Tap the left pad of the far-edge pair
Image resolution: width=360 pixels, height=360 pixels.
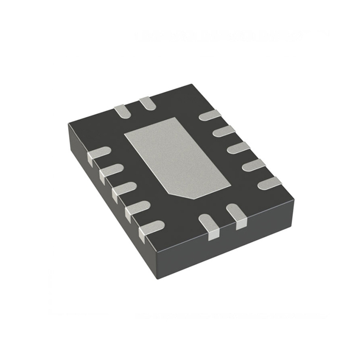coord(121,111)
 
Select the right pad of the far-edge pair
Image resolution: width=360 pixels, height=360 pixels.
coord(147,103)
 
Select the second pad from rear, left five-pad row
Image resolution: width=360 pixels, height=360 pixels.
coord(111,171)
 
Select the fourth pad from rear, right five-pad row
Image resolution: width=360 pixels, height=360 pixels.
coord(253,165)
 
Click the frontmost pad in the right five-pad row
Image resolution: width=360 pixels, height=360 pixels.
coord(269,183)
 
